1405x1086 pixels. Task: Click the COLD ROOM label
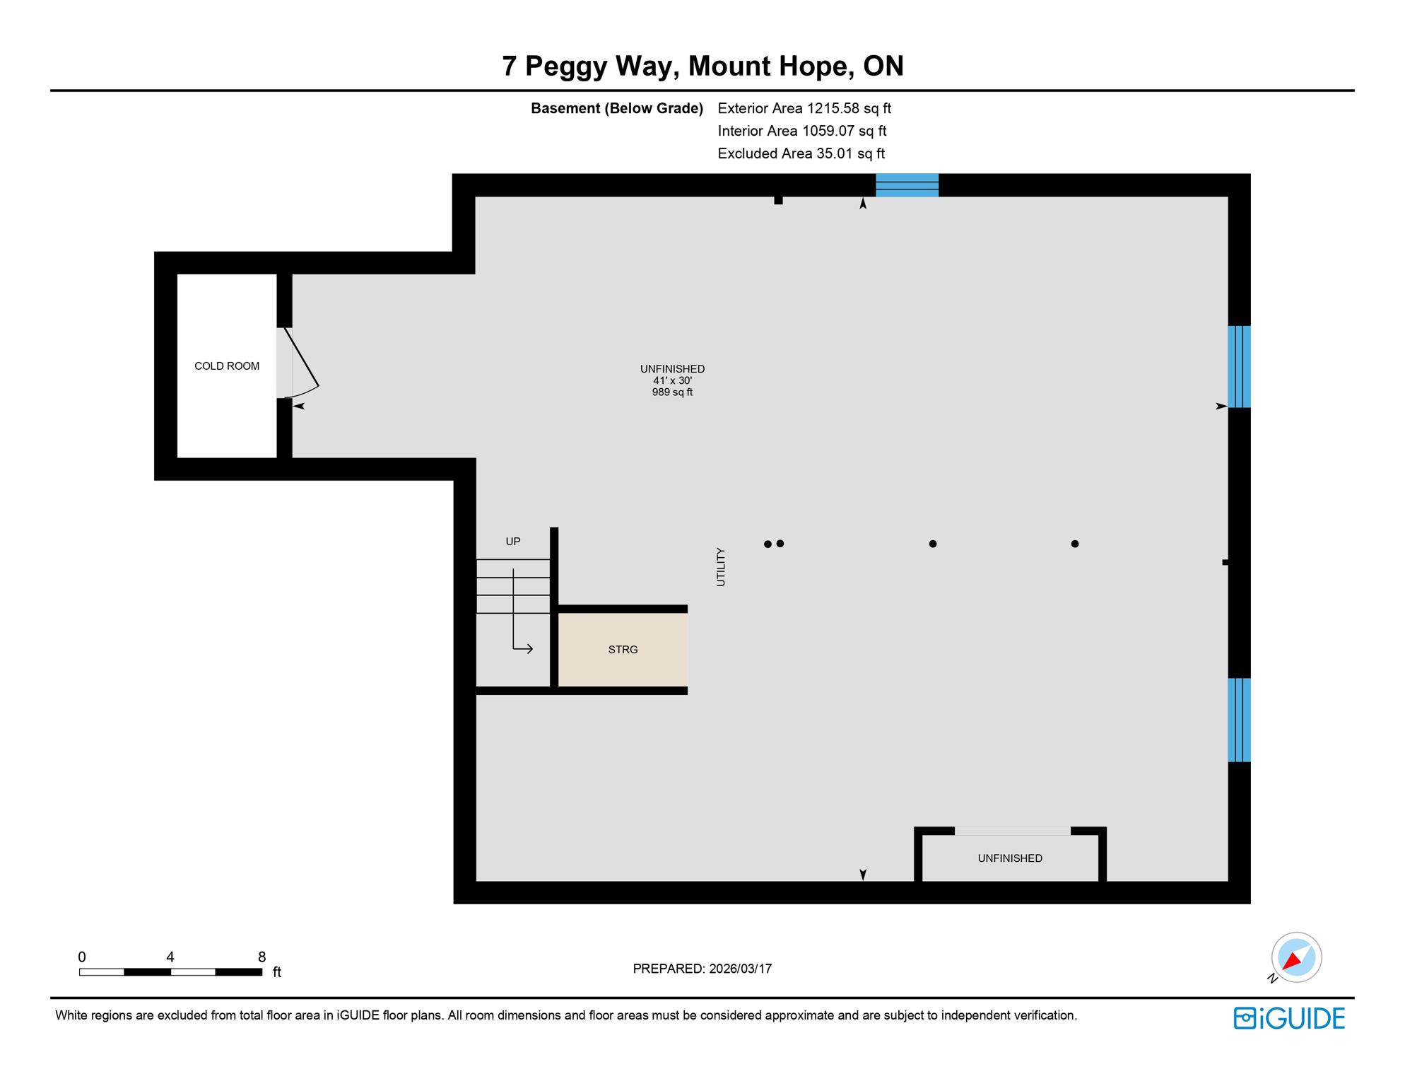(227, 366)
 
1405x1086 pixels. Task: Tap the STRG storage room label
(623, 650)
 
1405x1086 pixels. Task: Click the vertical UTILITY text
(721, 567)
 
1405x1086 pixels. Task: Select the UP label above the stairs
(513, 542)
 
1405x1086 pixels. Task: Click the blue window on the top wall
(907, 185)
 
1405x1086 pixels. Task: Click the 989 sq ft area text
(672, 392)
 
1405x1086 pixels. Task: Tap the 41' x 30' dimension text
(672, 380)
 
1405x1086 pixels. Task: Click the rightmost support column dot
(1075, 544)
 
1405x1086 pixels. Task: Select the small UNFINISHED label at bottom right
(1010, 858)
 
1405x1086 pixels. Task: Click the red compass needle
(1292, 961)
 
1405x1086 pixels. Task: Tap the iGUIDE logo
(1289, 1018)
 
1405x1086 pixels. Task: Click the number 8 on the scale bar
(261, 957)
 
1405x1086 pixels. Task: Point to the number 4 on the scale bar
(170, 957)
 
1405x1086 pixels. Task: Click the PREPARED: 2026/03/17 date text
(702, 969)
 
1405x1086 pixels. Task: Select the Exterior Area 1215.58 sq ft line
(804, 108)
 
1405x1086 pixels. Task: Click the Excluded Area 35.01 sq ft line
(801, 153)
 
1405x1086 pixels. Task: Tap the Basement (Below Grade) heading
(617, 108)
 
